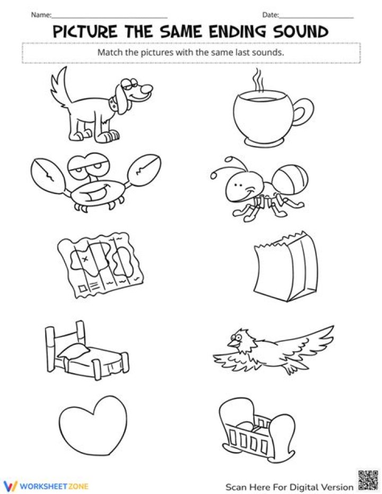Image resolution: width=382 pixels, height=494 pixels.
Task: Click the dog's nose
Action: coord(147,89)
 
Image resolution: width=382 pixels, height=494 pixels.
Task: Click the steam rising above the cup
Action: coord(258,80)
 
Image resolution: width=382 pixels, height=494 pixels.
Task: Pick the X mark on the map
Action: coord(84,258)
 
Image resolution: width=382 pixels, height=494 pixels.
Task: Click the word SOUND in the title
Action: coord(300,31)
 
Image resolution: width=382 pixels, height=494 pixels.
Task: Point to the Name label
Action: coord(41,15)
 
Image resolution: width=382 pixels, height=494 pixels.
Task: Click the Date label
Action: coord(271,15)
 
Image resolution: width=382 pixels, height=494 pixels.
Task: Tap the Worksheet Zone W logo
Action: coord(11,486)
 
